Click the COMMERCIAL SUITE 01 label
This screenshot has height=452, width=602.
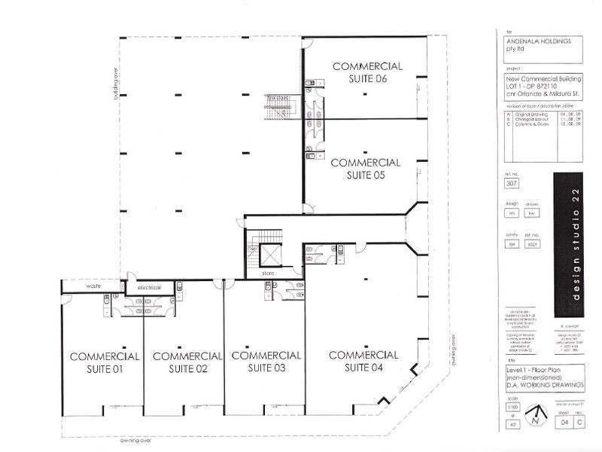tap(104, 362)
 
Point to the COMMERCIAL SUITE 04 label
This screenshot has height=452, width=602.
tap(363, 361)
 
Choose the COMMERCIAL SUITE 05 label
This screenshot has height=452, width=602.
tap(365, 168)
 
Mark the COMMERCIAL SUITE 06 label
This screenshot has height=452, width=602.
tap(367, 72)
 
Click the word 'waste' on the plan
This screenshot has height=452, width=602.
tap(93, 286)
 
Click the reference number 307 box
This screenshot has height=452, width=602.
tap(512, 183)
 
